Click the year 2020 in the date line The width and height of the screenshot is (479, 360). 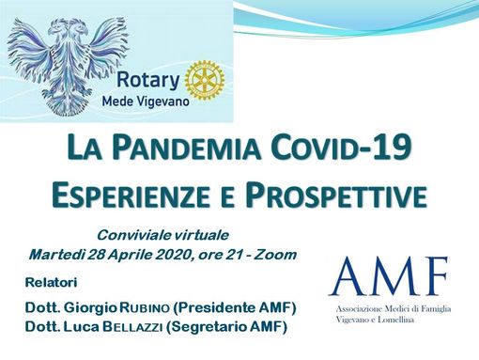(176, 254)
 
